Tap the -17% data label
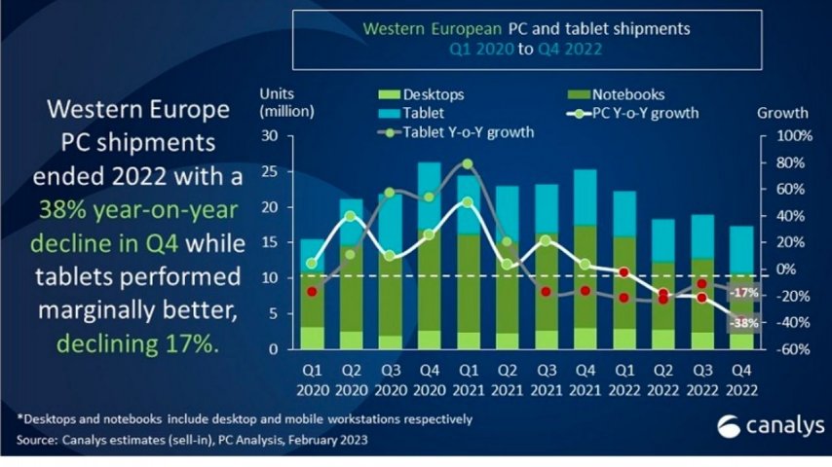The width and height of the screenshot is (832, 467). (x=743, y=293)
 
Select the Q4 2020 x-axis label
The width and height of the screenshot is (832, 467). (x=429, y=378)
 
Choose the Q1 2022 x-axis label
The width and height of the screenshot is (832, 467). (x=624, y=378)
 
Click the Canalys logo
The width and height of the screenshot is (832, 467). (x=770, y=426)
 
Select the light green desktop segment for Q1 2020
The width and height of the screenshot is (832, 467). (x=312, y=338)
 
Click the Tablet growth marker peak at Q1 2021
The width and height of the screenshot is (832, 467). (x=468, y=163)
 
